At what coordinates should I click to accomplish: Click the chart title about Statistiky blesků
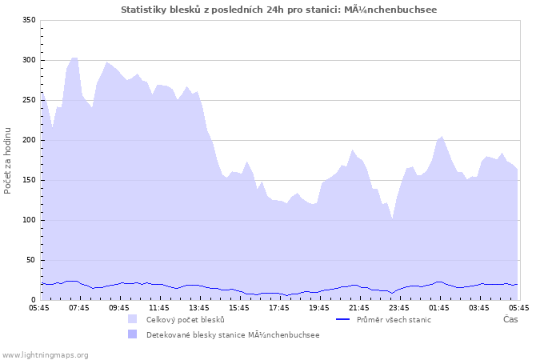coord(279,10)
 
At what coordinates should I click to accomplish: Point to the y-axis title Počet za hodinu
coord(8,160)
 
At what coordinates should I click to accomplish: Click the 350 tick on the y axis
coord(29,20)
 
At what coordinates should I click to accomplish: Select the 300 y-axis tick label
coord(29,60)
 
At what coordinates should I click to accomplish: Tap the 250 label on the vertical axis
coord(29,100)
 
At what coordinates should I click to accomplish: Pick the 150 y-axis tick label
coord(29,180)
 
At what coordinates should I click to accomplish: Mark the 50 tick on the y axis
coord(31,260)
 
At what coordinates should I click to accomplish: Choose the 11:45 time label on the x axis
coord(159,307)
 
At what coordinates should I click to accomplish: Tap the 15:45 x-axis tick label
coord(239,307)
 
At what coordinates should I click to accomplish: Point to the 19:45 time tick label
coord(319,307)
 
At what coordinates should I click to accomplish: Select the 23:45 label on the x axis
coord(398,307)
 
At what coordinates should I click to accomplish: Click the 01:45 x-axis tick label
coord(438,307)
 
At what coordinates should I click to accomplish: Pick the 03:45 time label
coord(478,307)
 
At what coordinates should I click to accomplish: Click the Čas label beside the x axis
coord(510,319)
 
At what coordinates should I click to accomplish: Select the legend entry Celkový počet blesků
coord(185,319)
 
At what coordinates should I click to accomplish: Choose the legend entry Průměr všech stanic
coord(393,319)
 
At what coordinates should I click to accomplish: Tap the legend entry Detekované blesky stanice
coord(233,334)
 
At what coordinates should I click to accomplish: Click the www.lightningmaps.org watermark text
coord(45,354)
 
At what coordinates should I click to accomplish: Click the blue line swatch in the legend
coord(343,319)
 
